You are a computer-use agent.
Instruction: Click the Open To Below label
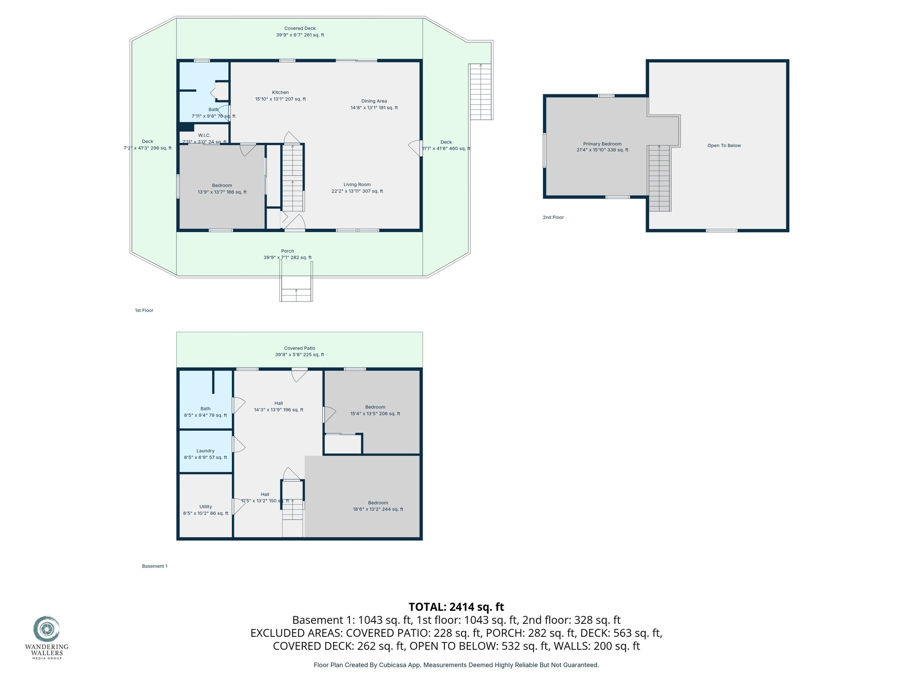(724, 146)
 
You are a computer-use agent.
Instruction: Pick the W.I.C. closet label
(204, 135)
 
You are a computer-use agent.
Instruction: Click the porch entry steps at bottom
(296, 289)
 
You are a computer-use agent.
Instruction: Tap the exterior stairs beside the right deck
(481, 91)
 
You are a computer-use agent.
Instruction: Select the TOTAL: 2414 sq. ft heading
(456, 607)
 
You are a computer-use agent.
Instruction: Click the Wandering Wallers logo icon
(46, 629)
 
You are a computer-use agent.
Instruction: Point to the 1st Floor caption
(144, 310)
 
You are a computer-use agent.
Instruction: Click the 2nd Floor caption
(553, 217)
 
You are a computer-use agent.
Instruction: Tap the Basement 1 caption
(155, 566)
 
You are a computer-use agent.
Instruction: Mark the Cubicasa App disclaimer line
(456, 665)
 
